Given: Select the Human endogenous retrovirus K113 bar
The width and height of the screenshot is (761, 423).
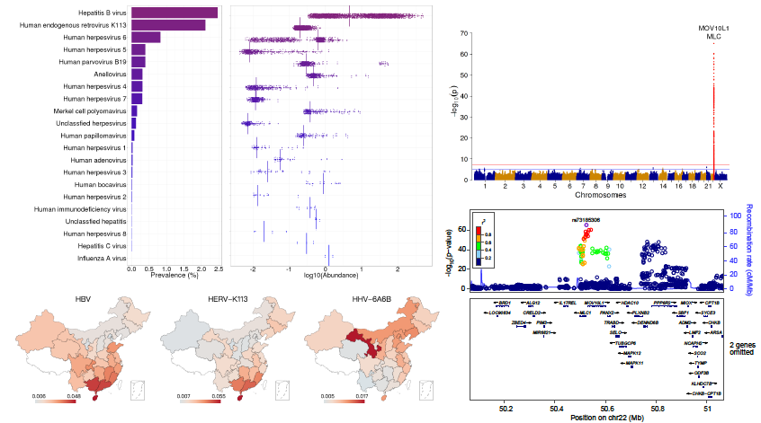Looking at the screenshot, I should click(168, 25).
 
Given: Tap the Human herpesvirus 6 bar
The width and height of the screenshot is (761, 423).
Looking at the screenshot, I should click(146, 38).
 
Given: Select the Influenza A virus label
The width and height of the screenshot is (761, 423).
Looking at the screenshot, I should click(95, 258).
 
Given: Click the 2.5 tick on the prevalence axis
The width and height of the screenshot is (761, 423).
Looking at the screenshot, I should click(217, 269).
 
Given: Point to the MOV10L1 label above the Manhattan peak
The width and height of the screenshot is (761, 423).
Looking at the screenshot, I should click(713, 28).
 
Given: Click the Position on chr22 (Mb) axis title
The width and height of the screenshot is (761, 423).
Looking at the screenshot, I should click(597, 416).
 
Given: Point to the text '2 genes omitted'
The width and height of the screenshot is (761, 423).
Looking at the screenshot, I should click(742, 348).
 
